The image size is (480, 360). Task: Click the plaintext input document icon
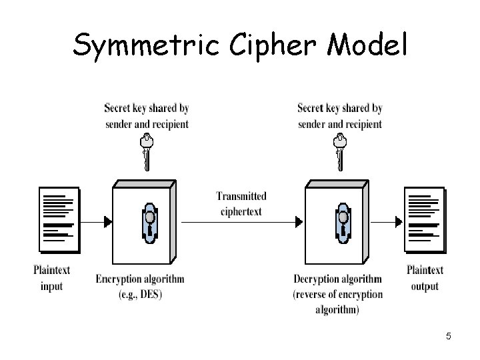(58, 220)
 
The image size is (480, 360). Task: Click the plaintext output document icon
(424, 220)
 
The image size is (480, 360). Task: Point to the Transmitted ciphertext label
(241, 204)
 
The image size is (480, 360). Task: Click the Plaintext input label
(51, 278)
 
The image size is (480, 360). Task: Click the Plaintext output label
(425, 278)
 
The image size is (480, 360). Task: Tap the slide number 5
(448, 337)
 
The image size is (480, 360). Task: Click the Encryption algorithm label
(140, 279)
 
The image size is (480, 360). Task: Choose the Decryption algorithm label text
(337, 279)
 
